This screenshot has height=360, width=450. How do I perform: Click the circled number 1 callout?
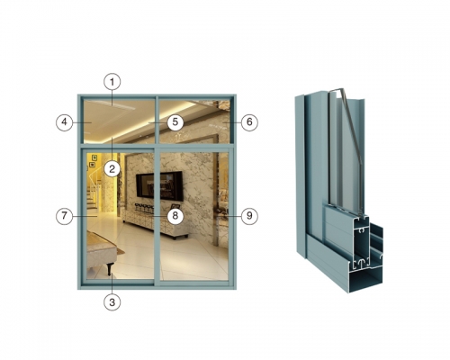[112, 82]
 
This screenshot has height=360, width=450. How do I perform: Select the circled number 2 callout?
[112, 169]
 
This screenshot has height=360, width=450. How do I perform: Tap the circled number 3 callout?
[112, 302]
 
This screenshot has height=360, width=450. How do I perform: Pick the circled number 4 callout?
[65, 122]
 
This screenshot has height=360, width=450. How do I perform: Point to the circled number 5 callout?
[175, 122]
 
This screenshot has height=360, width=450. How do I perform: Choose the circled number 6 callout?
[249, 122]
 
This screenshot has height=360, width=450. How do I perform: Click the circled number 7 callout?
[65, 216]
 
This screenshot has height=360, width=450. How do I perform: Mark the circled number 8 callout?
[175, 216]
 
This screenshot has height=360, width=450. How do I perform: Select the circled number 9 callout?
[249, 216]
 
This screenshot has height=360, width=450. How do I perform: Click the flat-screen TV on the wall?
[159, 185]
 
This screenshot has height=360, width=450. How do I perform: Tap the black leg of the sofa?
[110, 268]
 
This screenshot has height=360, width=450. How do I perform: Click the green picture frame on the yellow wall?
[94, 157]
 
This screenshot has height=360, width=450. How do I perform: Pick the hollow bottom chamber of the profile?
[367, 281]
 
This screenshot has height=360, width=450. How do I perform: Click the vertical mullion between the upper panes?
[157, 120]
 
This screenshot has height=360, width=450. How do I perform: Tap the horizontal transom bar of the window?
[157, 146]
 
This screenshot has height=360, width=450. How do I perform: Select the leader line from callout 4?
[82, 122]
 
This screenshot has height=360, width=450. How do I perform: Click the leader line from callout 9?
[233, 216]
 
